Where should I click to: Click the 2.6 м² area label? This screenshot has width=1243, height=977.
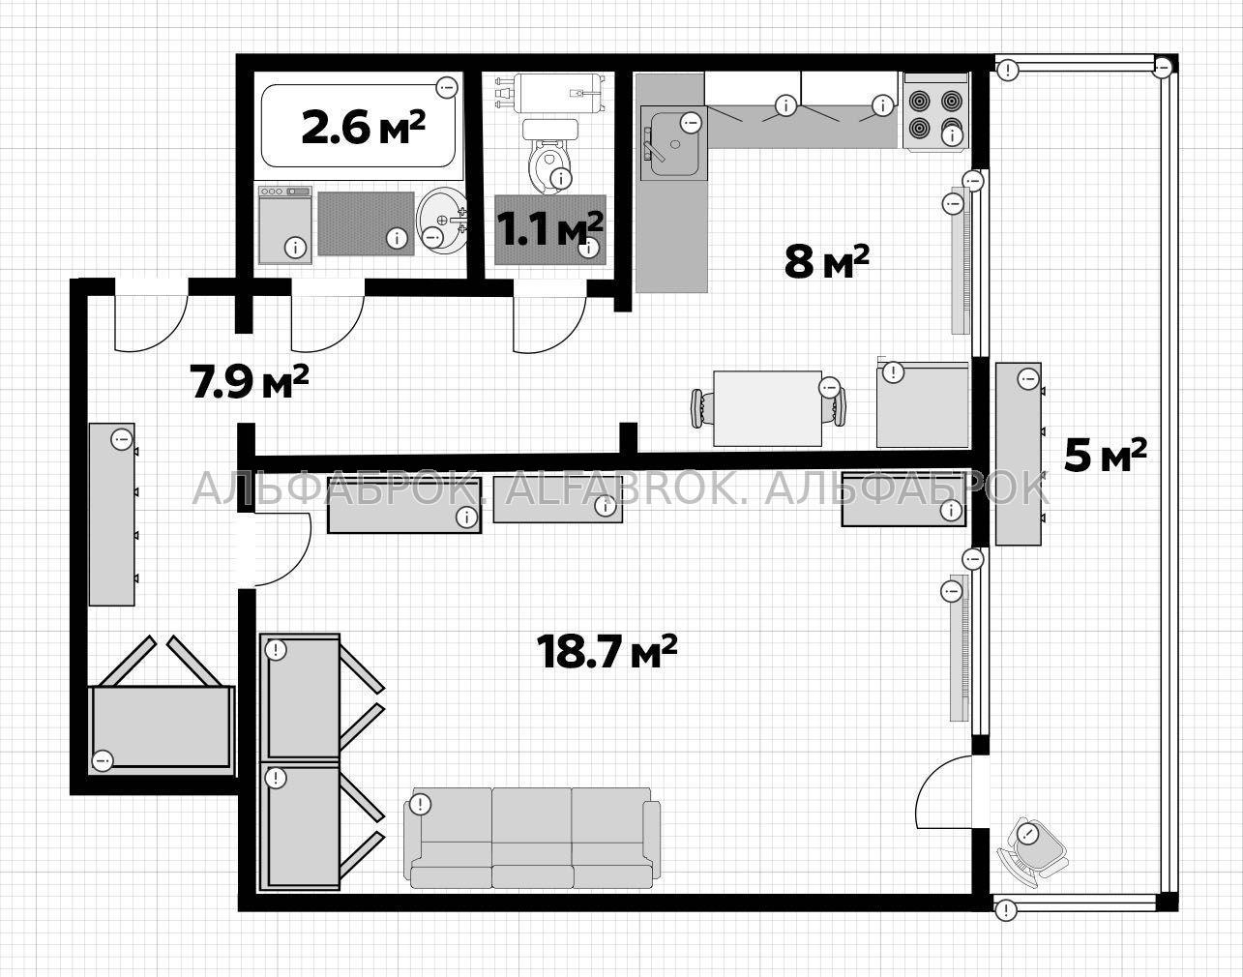click(364, 128)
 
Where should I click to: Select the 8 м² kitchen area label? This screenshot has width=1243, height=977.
click(826, 261)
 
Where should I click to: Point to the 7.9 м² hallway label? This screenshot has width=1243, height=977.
click(250, 381)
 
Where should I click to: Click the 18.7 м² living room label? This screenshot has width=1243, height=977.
click(607, 651)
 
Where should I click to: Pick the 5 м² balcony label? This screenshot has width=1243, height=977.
click(1105, 456)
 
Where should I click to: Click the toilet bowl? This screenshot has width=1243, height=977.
click(549, 156)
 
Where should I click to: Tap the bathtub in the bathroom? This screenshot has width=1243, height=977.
click(359, 126)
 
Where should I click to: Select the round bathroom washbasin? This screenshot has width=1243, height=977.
click(442, 222)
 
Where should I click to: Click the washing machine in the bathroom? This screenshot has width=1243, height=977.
click(284, 224)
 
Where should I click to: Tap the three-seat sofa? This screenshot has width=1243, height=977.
click(532, 846)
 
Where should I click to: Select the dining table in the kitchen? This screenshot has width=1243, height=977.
click(767, 408)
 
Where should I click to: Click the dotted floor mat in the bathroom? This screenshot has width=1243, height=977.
click(366, 223)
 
